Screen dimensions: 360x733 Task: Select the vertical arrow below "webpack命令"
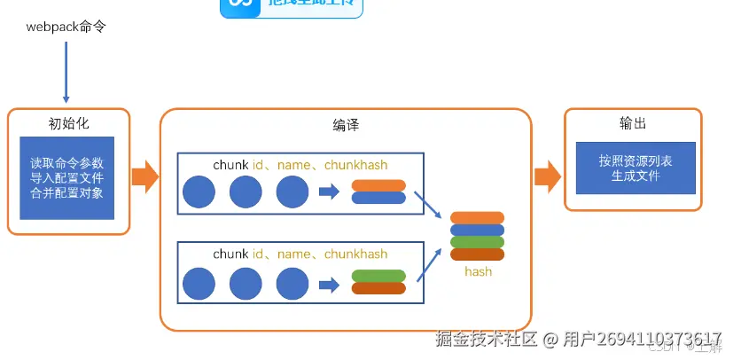point(66,70)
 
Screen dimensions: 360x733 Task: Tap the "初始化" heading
point(69,123)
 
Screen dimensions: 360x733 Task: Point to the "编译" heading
point(346,125)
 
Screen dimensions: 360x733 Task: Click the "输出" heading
point(633,123)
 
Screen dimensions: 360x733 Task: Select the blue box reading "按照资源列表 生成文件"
point(635,168)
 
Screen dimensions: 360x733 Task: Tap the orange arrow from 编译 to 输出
point(548,176)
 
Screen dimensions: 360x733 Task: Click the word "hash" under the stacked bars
point(478,271)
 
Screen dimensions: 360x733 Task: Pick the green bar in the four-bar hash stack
point(477,242)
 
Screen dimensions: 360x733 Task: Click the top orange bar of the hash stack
point(477,218)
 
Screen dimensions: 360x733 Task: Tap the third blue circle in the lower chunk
point(292,284)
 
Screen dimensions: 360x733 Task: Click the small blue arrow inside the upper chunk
point(329,192)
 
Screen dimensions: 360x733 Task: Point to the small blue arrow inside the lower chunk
point(329,284)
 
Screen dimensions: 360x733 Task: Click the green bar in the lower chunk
point(378,276)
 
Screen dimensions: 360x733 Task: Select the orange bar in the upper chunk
point(378,185)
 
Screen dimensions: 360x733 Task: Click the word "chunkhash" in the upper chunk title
point(355,165)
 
